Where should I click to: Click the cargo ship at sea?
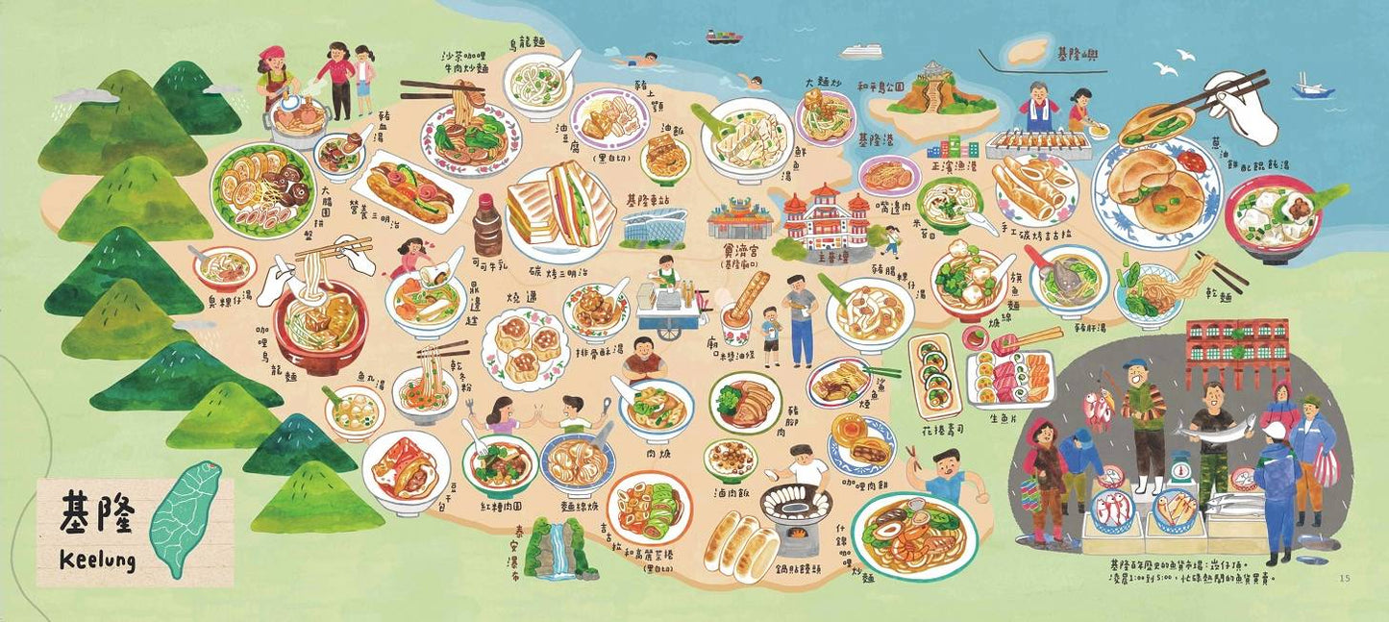(x=724, y=37)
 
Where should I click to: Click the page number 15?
(x=1344, y=578)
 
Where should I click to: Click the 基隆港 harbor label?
(x=874, y=139)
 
